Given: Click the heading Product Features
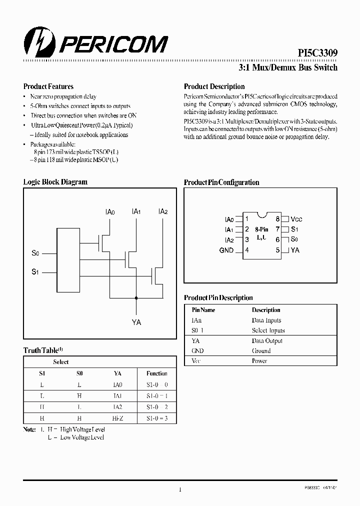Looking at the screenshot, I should click(x=48, y=86).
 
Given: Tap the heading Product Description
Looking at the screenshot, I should click(x=214, y=86).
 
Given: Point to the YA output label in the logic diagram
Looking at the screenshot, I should click(x=136, y=322).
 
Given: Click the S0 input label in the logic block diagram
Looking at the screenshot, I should click(x=35, y=254).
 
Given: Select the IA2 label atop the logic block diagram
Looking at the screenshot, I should click(x=162, y=212).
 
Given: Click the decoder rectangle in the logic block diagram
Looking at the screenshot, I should click(x=68, y=262).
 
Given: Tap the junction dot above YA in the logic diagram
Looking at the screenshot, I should click(x=135, y=298).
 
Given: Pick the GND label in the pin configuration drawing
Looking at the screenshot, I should click(x=226, y=250).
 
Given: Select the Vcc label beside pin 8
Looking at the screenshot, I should click(x=296, y=219).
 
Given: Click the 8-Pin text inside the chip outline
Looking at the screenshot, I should click(x=262, y=229).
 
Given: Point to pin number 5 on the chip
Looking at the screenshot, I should click(x=277, y=250).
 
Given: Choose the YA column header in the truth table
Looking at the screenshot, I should click(x=118, y=373).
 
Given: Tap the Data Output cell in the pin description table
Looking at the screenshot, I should click(x=267, y=340).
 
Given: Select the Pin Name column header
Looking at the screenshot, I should click(x=203, y=310).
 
